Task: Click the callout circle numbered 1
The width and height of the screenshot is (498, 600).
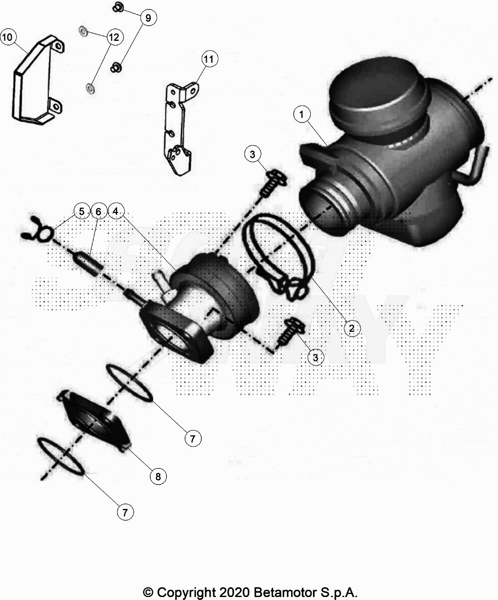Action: tap(302, 114)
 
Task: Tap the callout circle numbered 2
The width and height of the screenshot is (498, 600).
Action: tap(352, 328)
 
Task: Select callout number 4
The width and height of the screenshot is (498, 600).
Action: tap(116, 211)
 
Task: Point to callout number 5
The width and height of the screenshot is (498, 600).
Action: tap(82, 211)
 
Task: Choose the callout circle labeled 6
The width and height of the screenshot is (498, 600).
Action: tap(98, 212)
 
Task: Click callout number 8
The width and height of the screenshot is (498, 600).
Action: tap(158, 477)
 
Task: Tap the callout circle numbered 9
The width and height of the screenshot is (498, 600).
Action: tap(149, 18)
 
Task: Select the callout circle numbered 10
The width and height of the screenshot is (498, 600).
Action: tap(8, 37)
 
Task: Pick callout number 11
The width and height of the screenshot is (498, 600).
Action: tap(209, 59)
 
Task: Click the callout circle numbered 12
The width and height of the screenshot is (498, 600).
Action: tap(114, 37)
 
